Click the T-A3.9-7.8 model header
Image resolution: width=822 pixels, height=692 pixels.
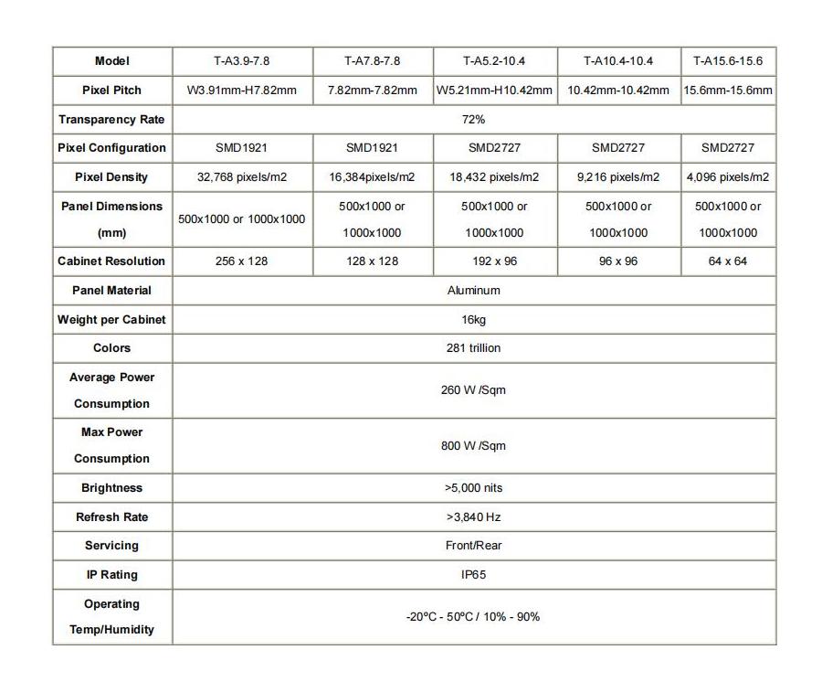pyautogui.click(x=242, y=61)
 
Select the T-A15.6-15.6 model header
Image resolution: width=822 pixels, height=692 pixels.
pyautogui.click(x=728, y=61)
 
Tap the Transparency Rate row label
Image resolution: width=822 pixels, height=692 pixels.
pyautogui.click(x=111, y=120)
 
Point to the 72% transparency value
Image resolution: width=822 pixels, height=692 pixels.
pyautogui.click(x=473, y=120)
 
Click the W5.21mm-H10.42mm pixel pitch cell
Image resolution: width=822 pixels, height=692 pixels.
pyautogui.click(x=494, y=90)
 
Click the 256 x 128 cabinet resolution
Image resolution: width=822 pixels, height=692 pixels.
pyautogui.click(x=242, y=261)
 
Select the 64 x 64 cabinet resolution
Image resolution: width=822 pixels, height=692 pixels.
pyautogui.click(x=728, y=261)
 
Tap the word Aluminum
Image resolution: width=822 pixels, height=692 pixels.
pyautogui.click(x=473, y=291)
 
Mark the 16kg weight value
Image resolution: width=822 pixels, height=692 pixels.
pyautogui.click(x=473, y=320)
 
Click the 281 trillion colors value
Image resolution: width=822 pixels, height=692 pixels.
pyautogui.click(x=473, y=348)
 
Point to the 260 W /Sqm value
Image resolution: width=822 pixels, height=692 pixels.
pyautogui.click(x=473, y=390)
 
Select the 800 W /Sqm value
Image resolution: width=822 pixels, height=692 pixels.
pyautogui.click(x=473, y=446)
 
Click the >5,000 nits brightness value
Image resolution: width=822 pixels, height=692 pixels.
pyautogui.click(x=473, y=488)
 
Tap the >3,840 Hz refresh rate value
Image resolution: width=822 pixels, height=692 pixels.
pyautogui.click(x=473, y=517)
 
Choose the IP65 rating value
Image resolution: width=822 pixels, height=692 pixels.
pyautogui.click(x=473, y=575)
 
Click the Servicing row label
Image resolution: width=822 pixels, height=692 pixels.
pyautogui.click(x=111, y=546)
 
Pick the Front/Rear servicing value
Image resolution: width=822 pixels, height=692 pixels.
pyautogui.click(x=473, y=546)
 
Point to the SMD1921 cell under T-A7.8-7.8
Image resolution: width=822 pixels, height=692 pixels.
pyautogui.click(x=372, y=148)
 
